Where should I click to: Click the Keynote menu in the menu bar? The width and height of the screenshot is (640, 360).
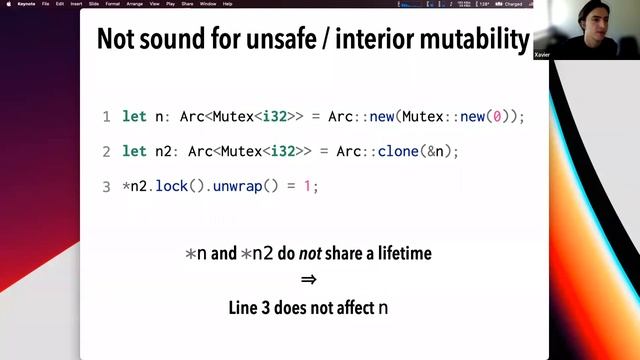(x=27, y=4)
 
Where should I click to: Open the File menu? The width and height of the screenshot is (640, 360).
(x=45, y=4)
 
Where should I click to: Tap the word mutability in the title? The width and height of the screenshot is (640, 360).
(x=475, y=40)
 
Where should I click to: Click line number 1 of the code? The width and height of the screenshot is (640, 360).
(x=107, y=117)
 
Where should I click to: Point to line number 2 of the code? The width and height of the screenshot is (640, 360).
(x=107, y=152)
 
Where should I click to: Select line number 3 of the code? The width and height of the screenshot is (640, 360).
(x=107, y=186)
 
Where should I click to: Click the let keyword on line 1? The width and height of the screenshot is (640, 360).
(x=134, y=117)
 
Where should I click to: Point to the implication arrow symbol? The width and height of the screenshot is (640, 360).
(x=308, y=280)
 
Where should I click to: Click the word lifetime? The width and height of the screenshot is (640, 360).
(x=398, y=253)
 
